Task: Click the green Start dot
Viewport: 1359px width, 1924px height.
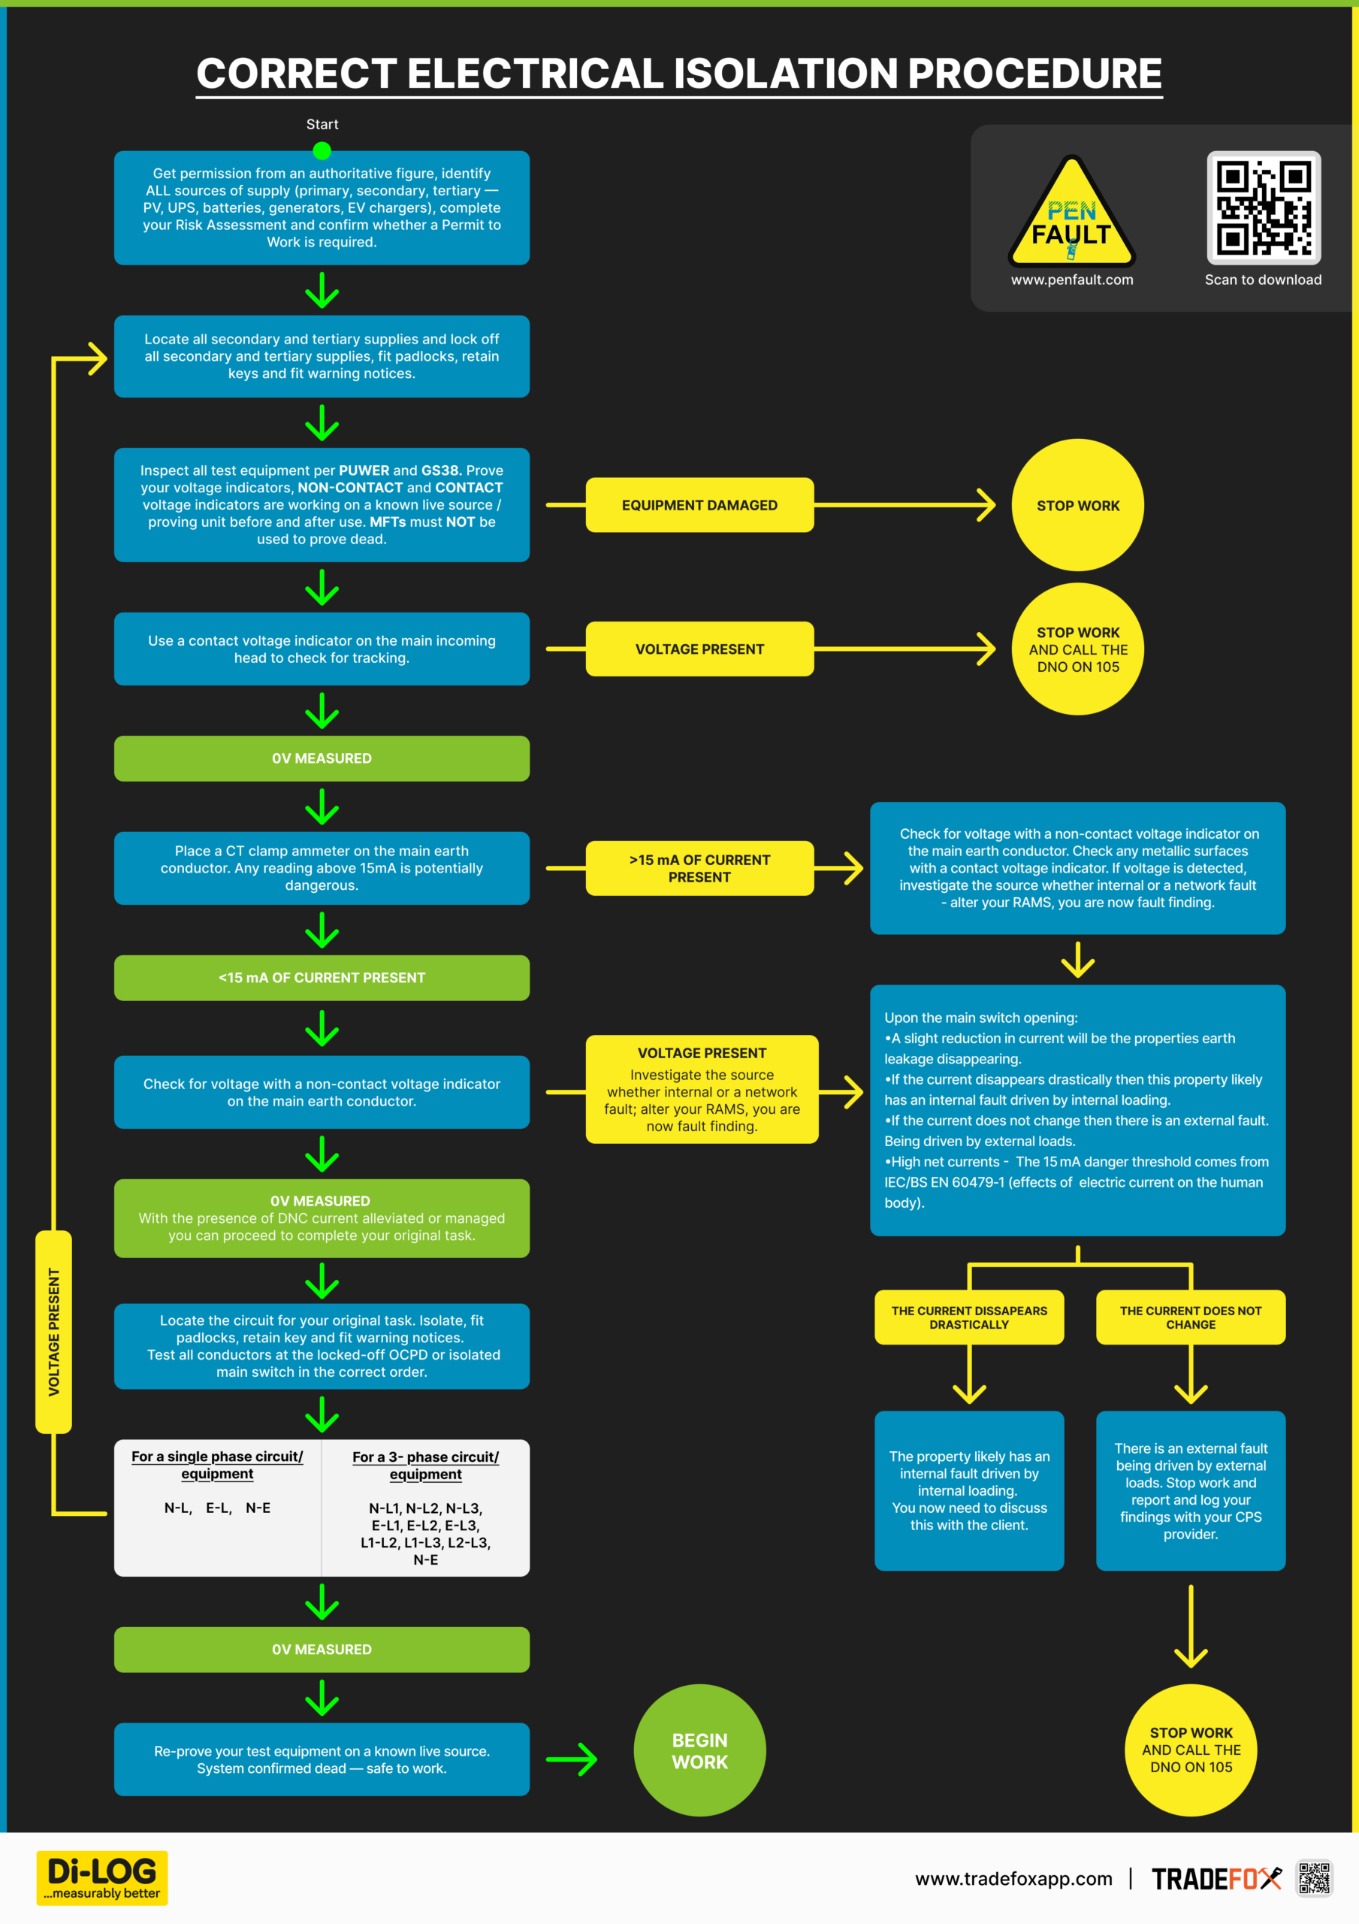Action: pos(322,151)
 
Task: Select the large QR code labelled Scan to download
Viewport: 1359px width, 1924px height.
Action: pos(1264,208)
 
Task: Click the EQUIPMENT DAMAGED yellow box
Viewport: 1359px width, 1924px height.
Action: pos(699,505)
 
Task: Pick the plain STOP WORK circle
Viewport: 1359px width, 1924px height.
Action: pos(1077,505)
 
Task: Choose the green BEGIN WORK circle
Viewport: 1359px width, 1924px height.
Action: pos(699,1750)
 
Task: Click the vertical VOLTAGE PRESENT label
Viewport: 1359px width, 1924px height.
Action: pos(53,1332)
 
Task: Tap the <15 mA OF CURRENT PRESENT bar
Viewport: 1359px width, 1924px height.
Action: pos(322,978)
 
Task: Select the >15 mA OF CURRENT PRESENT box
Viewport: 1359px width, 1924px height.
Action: pos(699,868)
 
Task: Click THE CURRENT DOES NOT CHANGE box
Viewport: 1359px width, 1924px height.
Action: pos(1191,1317)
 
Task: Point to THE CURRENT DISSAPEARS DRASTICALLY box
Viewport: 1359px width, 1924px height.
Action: pos(969,1317)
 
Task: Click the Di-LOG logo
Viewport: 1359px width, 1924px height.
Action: pos(102,1878)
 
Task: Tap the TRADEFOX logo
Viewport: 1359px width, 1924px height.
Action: pos(1216,1879)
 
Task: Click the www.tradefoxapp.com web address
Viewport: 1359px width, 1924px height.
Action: pos(1014,1879)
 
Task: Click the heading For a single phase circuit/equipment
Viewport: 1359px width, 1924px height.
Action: pos(217,1465)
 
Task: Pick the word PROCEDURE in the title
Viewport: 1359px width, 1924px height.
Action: pos(1034,74)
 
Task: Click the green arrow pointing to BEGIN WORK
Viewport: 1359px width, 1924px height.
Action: pos(572,1759)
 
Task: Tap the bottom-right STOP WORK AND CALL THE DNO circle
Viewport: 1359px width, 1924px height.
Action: pos(1191,1750)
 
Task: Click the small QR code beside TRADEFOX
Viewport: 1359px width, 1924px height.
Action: pos(1315,1879)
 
